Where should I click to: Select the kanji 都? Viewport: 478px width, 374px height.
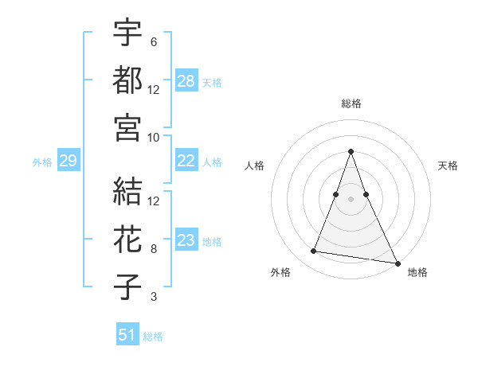tap(127, 80)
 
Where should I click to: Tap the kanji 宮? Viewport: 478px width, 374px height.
tap(127, 127)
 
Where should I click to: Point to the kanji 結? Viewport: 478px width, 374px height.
tap(127, 191)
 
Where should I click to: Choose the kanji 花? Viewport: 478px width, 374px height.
tap(127, 239)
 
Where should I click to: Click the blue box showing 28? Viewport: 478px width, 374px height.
tap(186, 80)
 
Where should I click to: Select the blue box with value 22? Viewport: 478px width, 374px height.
tap(186, 161)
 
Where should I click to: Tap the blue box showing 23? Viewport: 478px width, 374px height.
tap(186, 240)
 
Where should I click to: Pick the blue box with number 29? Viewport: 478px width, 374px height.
tap(68, 162)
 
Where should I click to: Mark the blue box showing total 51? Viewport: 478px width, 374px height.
tap(127, 335)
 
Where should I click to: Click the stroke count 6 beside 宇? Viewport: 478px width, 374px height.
tap(153, 41)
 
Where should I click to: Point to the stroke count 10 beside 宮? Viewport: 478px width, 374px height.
tap(154, 137)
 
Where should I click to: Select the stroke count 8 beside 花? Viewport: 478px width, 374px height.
tap(154, 249)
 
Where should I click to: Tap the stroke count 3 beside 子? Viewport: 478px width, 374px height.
tap(153, 297)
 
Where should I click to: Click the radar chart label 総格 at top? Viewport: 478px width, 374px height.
tap(351, 103)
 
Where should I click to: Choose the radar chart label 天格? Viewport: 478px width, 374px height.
tap(449, 166)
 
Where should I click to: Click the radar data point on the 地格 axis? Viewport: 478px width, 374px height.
tap(397, 263)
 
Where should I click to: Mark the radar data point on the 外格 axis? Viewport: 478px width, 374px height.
tap(314, 251)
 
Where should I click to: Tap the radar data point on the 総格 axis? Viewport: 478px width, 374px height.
tap(351, 151)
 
